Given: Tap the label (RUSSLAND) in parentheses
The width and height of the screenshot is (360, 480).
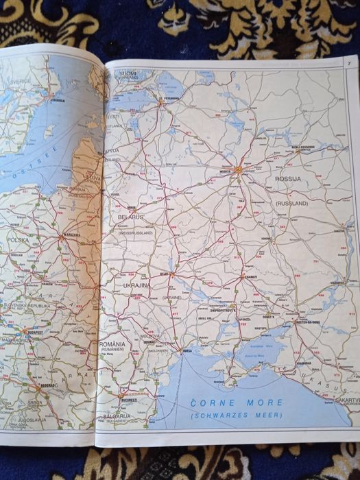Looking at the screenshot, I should (290, 203).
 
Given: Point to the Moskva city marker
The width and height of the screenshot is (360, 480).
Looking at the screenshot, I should (237, 169).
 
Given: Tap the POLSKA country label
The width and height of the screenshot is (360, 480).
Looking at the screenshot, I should (19, 240).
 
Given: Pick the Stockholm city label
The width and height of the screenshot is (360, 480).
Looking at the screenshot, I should (57, 100).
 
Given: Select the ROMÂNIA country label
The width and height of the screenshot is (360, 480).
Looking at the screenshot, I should (112, 343).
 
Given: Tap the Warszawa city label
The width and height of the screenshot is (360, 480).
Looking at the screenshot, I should (71, 235).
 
